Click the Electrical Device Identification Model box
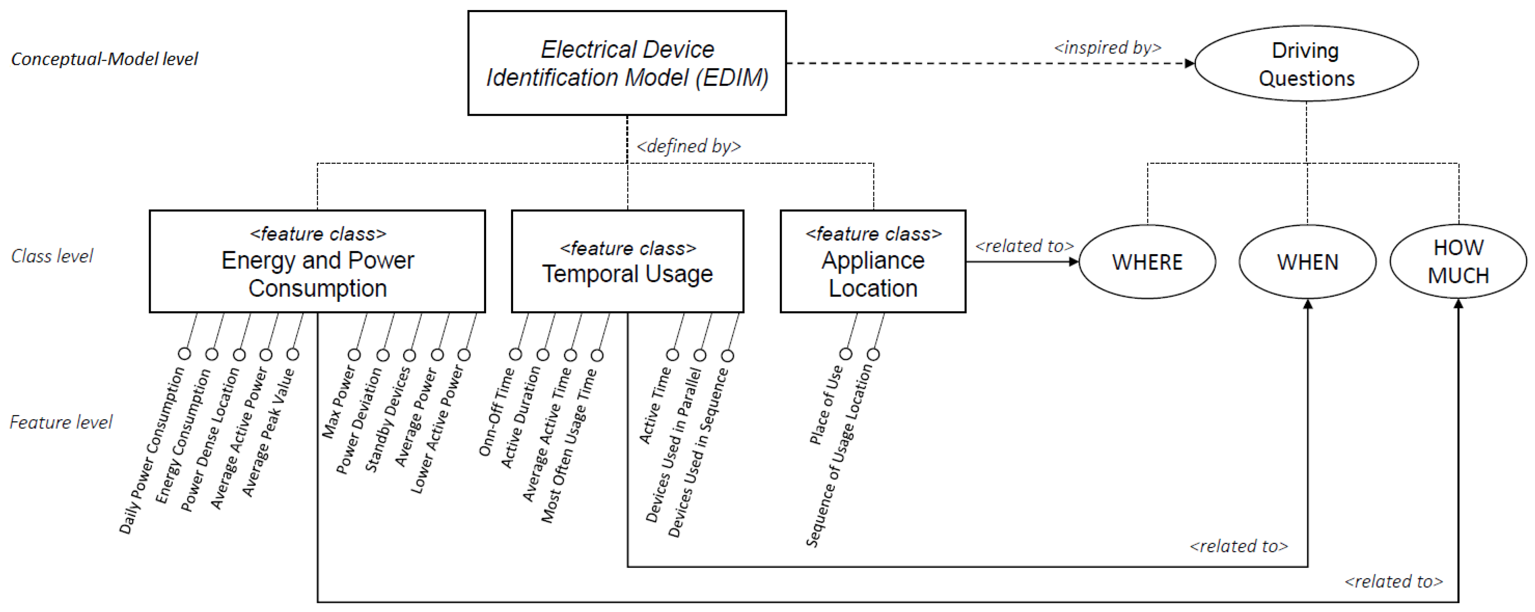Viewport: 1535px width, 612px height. (x=627, y=63)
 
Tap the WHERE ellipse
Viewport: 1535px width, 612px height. (x=1147, y=262)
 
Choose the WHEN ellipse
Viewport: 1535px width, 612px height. (x=1308, y=262)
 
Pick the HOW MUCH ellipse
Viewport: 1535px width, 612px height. (x=1458, y=262)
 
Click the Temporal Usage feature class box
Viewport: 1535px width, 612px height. (x=628, y=262)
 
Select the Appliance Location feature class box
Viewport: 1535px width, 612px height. (x=873, y=262)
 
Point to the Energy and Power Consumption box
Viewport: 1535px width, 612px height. (x=317, y=262)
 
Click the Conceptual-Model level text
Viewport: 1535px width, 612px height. (x=104, y=59)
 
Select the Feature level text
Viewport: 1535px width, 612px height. (x=61, y=423)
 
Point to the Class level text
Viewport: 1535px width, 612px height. (x=52, y=256)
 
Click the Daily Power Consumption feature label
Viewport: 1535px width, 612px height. (x=152, y=450)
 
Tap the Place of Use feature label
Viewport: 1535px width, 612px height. (x=826, y=405)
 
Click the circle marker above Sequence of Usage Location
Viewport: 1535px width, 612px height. (x=873, y=355)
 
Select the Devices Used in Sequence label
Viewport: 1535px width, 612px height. (x=698, y=453)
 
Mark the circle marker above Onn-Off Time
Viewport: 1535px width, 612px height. (x=516, y=355)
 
